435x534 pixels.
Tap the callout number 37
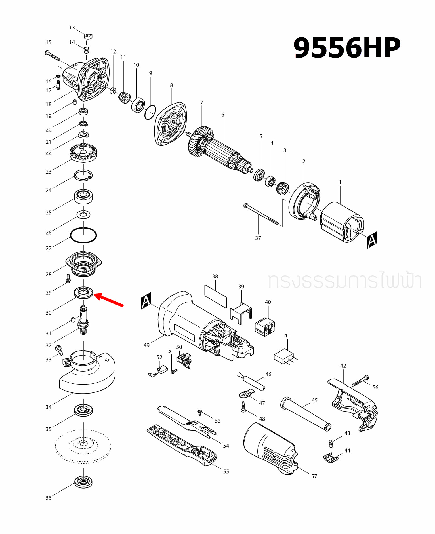(258, 238)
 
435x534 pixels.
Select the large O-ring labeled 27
(83, 235)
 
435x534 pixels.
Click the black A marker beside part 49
(146, 301)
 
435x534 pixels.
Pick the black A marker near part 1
(371, 240)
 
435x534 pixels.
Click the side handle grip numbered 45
(305, 414)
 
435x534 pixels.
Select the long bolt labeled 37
(261, 214)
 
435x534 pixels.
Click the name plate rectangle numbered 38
(215, 296)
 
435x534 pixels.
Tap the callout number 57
(314, 476)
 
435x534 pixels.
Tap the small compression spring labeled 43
(330, 443)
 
